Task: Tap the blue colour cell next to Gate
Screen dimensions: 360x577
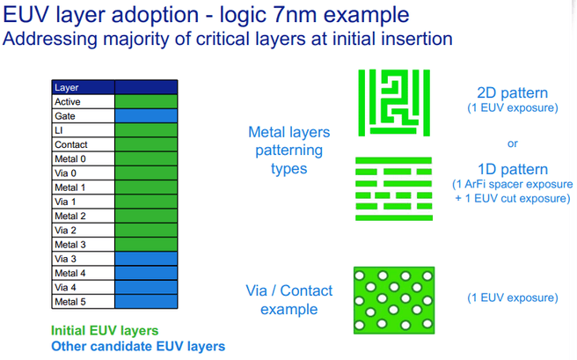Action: [146, 116]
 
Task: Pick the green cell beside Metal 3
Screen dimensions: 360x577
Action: [146, 244]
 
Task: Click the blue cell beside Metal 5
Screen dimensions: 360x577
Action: [146, 302]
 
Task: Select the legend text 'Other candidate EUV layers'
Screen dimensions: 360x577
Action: [138, 346]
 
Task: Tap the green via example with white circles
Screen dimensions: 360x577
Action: [393, 299]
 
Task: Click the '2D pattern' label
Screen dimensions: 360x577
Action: [512, 92]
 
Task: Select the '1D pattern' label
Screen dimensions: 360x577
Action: [512, 169]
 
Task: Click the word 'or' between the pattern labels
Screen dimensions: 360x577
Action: [513, 143]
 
